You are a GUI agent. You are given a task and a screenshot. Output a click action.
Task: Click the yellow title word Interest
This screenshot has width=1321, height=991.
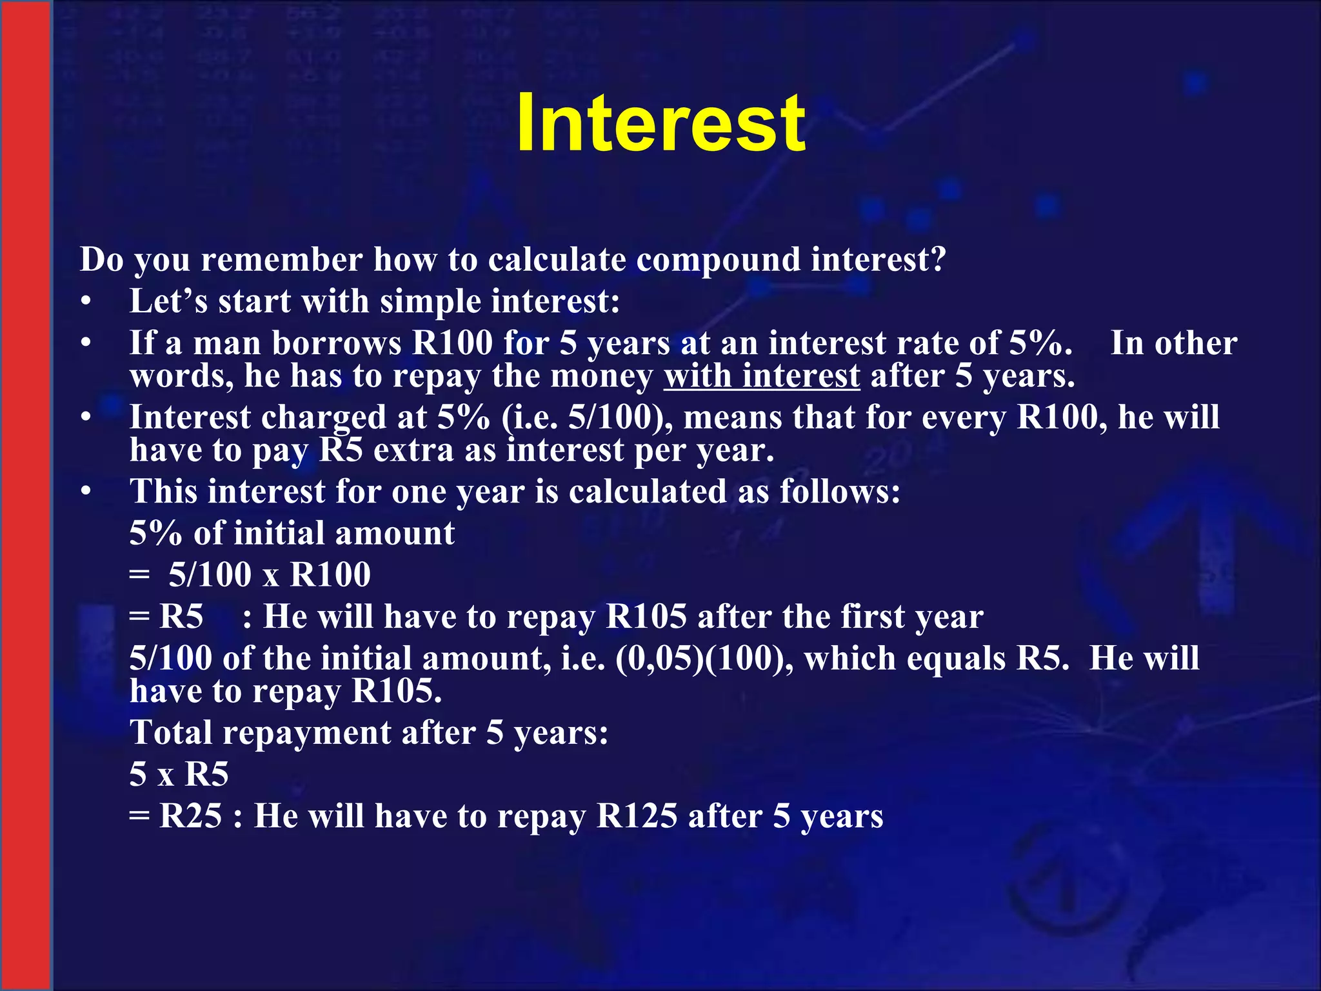click(x=660, y=123)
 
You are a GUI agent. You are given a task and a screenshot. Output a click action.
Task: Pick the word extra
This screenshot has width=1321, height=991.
click(x=413, y=450)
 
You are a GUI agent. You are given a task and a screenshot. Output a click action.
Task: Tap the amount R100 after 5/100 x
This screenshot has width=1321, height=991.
click(x=330, y=575)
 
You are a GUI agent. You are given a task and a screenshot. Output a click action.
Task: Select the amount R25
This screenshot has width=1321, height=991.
click(x=190, y=816)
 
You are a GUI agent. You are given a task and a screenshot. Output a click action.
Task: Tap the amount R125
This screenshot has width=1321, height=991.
click(x=637, y=816)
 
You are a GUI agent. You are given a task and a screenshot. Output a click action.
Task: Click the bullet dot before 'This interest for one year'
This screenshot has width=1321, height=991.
click(x=86, y=492)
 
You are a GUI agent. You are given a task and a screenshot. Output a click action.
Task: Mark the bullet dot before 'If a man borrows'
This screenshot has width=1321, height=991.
click(x=86, y=343)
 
